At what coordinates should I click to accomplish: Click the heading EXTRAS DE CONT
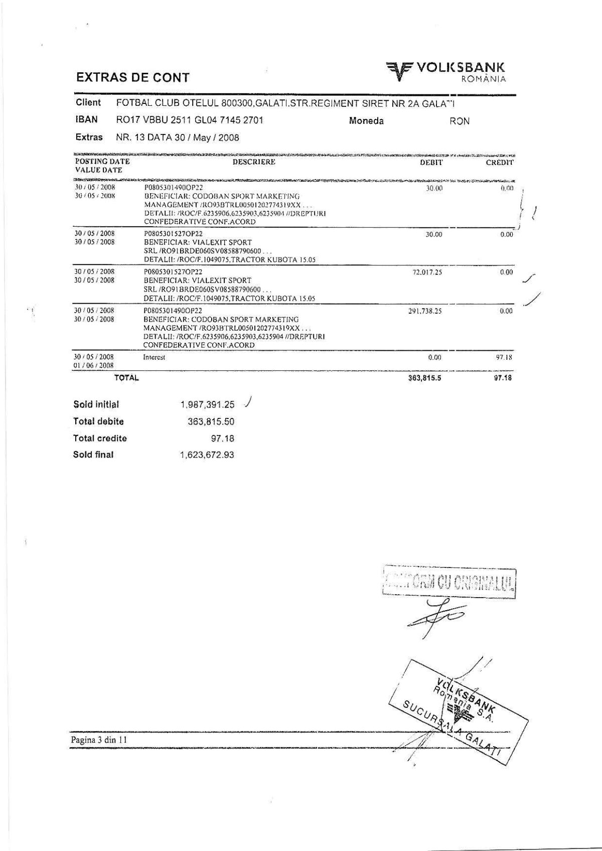point(132,78)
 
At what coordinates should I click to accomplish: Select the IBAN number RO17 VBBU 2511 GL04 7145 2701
point(190,120)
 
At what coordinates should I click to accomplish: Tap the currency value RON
point(460,121)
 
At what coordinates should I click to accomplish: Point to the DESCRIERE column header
point(254,162)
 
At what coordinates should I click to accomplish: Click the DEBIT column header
point(431,163)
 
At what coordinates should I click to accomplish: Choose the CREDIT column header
point(500,163)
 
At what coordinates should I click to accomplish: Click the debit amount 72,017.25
point(427,272)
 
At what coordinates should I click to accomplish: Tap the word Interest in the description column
point(154,357)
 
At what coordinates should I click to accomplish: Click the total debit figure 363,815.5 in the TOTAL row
point(424,378)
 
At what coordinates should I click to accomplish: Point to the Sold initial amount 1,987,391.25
point(208,405)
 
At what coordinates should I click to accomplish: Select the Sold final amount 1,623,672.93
point(208,455)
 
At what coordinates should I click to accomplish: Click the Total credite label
point(100,438)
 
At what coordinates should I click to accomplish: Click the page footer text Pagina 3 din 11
point(98,740)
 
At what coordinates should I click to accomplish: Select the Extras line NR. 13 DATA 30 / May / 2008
point(178,137)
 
